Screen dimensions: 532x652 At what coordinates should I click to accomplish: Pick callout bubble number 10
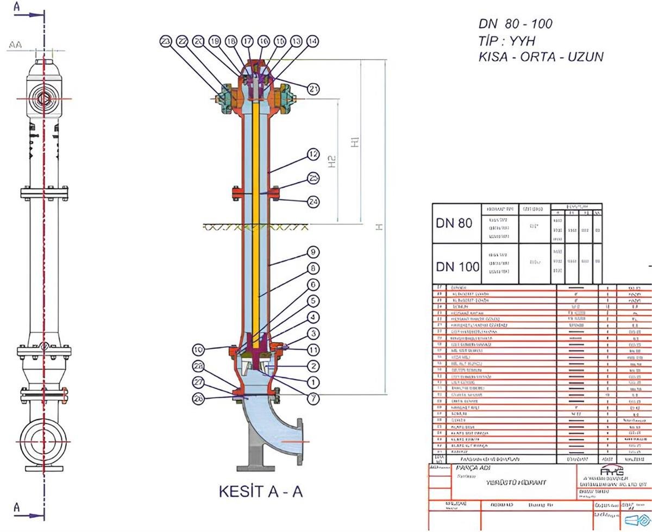pos(198,348)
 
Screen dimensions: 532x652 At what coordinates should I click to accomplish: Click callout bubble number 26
pos(198,398)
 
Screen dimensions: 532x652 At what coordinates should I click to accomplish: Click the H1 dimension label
pos(355,142)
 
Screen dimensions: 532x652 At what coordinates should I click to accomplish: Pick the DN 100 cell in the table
pos(457,266)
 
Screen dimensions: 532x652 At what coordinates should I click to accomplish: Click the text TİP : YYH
pos(506,40)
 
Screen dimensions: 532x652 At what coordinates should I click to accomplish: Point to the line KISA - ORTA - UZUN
pos(540,57)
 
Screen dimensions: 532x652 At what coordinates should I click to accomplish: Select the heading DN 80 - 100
pos(515,23)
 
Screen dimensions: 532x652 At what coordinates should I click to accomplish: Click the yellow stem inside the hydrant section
pos(255,217)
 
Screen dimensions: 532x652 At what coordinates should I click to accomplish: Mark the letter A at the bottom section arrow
pos(17,508)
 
